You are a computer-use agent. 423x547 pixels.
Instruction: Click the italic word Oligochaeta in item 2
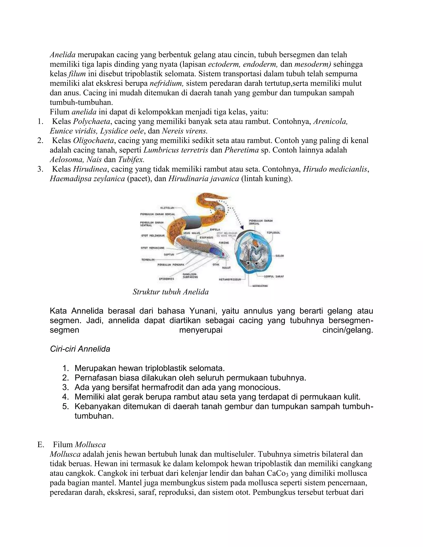(x=93, y=141)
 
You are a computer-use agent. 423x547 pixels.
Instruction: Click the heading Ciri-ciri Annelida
(x=80, y=349)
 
